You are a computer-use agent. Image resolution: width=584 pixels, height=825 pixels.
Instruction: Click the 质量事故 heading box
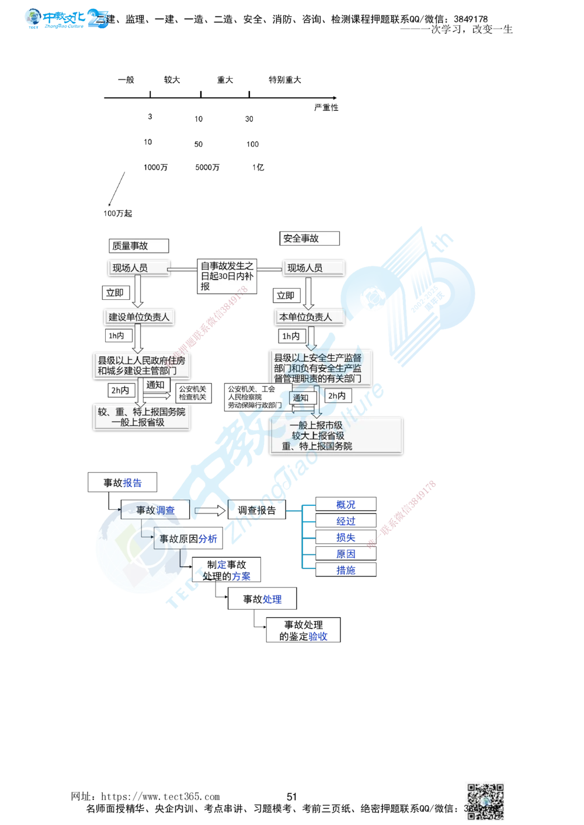(138, 246)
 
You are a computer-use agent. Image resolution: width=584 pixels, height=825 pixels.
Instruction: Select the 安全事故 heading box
(309, 238)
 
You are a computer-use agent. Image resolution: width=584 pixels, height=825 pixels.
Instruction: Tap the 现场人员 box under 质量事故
(138, 268)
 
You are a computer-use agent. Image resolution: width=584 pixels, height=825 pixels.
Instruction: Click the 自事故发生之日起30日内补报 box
(227, 276)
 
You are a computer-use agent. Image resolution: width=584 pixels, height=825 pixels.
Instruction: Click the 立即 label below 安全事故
(285, 295)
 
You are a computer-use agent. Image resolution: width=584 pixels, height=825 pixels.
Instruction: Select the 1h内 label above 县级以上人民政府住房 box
(116, 335)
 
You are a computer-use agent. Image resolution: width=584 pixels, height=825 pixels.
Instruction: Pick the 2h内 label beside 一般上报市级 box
(336, 396)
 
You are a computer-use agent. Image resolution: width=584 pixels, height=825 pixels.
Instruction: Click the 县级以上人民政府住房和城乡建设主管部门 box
(141, 365)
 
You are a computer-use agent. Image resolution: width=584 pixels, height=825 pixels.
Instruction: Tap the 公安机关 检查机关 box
(192, 393)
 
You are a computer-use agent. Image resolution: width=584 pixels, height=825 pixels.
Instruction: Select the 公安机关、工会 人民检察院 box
(257, 397)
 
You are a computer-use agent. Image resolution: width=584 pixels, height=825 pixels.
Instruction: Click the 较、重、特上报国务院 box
(141, 417)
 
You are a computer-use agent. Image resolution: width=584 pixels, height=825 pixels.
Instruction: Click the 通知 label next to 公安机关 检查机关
(155, 384)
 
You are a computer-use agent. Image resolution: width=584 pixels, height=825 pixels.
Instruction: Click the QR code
(485, 800)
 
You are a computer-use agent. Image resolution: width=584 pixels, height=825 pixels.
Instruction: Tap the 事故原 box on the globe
(173, 539)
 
